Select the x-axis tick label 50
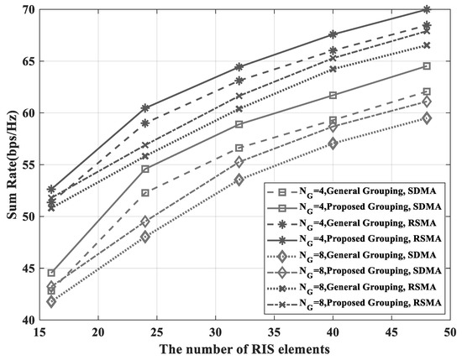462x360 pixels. (x=450, y=332)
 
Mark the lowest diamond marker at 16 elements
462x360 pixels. (x=51, y=301)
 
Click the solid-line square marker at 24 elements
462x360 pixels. (x=122, y=169)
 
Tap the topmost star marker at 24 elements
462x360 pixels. (x=122, y=107)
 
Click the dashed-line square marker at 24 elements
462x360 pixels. (x=122, y=193)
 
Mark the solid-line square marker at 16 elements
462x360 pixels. (x=51, y=273)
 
